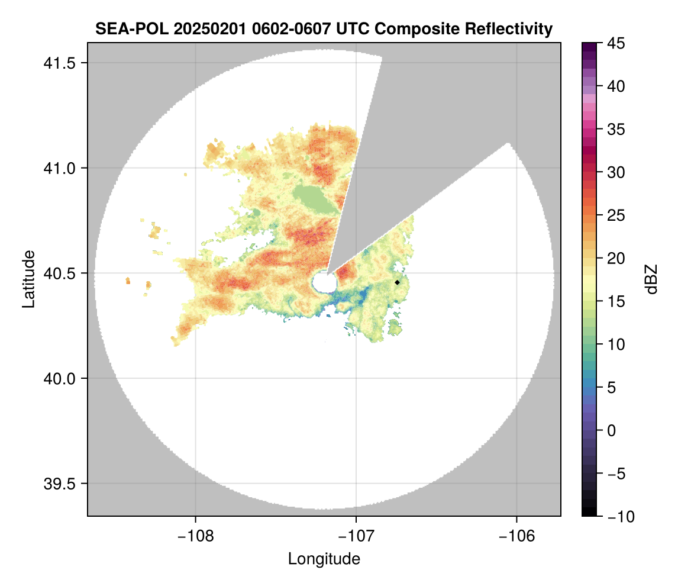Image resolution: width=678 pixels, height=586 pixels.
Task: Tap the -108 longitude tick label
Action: coord(195,536)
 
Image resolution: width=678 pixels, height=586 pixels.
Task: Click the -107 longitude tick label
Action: coord(356,536)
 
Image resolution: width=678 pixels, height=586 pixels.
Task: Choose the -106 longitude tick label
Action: coord(517,536)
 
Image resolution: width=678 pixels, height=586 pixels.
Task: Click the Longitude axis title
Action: coord(324,558)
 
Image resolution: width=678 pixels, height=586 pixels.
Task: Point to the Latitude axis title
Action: coord(28,279)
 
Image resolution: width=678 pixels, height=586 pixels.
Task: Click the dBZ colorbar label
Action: coord(651,279)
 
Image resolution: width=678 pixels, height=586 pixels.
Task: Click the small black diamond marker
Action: coord(398,282)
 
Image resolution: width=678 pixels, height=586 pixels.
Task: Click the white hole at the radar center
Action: coord(324,282)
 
